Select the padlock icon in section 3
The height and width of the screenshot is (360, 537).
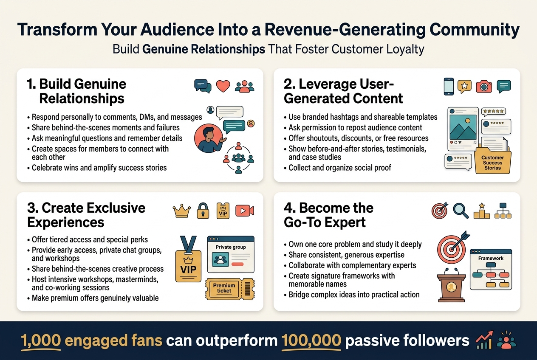tap(203, 211)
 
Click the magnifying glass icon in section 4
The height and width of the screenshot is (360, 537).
tap(461, 210)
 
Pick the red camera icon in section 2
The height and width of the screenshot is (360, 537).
tap(483, 86)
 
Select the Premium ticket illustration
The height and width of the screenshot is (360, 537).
tap(224, 288)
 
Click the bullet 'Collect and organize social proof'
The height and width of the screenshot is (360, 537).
tap(339, 167)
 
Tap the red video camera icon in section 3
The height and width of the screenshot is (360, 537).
tap(244, 211)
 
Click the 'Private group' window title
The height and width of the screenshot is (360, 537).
tap(230, 247)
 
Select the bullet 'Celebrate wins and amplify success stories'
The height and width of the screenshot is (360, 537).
tap(99, 167)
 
